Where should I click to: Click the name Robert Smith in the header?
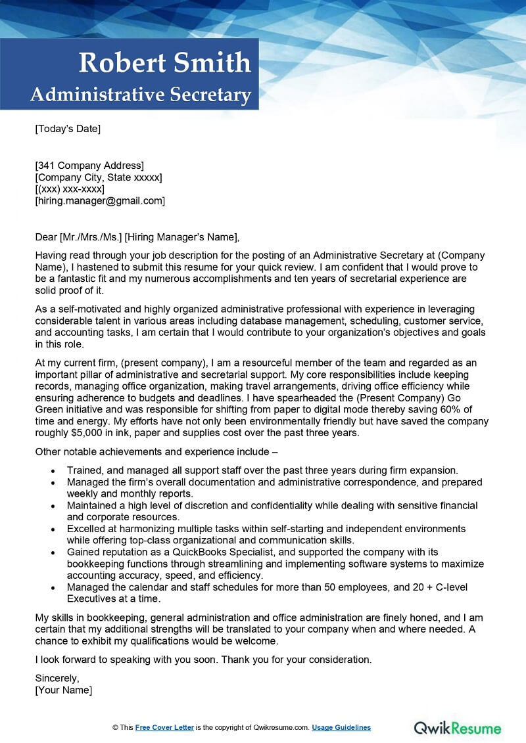click(x=164, y=63)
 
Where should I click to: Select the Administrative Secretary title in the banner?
click(x=141, y=95)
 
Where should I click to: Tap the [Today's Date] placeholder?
click(x=68, y=129)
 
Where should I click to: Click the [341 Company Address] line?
click(x=89, y=166)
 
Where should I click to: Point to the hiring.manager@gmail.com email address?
click(x=100, y=201)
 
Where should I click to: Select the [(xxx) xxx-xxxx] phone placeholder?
click(x=70, y=189)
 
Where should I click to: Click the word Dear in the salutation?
click(x=46, y=237)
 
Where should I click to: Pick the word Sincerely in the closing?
click(x=57, y=679)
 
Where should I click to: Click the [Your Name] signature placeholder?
click(x=64, y=690)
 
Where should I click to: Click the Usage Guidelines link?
click(x=341, y=727)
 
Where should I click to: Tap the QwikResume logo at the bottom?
click(x=457, y=728)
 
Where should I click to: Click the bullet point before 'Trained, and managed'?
click(x=53, y=471)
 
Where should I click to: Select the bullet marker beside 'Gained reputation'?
click(x=53, y=552)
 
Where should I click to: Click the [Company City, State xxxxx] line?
click(x=99, y=177)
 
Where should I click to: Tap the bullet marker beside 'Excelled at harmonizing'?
click(x=53, y=529)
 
